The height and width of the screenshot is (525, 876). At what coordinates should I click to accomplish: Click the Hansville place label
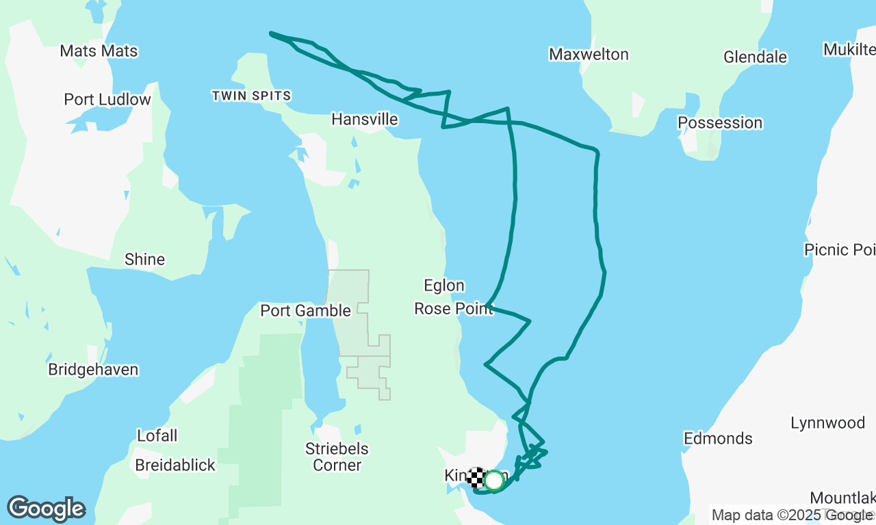(364, 120)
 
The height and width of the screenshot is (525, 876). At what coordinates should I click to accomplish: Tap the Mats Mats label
(99, 51)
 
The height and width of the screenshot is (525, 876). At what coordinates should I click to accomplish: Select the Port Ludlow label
(107, 100)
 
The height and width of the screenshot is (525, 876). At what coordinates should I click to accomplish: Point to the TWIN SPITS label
(252, 96)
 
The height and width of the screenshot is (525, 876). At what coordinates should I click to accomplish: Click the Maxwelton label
(589, 55)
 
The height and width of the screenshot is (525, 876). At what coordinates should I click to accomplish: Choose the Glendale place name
(755, 57)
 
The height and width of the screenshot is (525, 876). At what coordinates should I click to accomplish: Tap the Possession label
(720, 123)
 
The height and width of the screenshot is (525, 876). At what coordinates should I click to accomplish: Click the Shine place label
(144, 260)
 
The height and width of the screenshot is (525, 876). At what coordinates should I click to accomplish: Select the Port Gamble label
(305, 311)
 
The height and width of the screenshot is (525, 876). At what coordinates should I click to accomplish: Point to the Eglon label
(444, 286)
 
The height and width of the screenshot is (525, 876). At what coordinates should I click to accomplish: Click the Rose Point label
(453, 309)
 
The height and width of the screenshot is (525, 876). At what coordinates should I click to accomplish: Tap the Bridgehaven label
(93, 370)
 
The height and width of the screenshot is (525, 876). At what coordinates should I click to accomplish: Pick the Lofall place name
(157, 435)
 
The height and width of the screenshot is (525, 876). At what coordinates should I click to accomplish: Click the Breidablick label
(175, 466)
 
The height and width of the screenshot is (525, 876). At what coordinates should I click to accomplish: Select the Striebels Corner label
(337, 457)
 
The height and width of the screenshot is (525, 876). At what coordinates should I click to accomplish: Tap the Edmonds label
(718, 439)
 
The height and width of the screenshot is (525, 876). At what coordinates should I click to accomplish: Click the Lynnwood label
(827, 423)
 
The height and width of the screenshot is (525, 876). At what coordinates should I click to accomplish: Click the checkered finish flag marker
(476, 477)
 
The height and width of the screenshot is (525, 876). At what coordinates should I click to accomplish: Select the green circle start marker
(493, 481)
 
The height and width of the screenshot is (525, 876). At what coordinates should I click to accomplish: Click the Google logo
(46, 509)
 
